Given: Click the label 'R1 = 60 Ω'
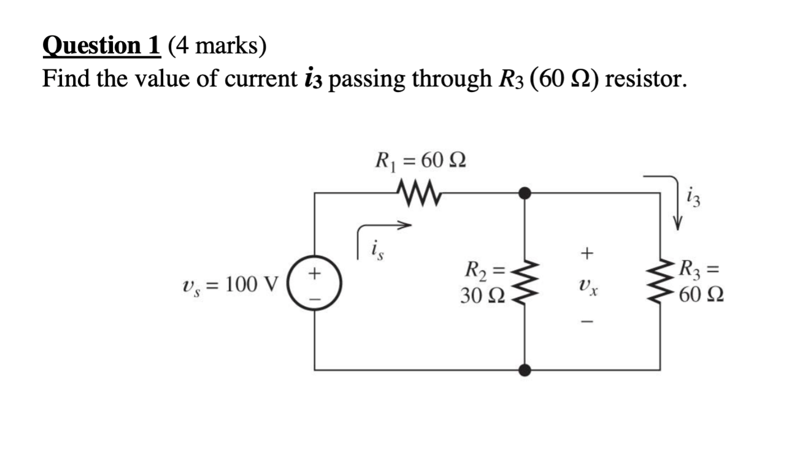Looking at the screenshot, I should (420, 162).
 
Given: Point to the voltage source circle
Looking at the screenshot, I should (314, 283).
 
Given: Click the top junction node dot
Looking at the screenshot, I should (525, 193).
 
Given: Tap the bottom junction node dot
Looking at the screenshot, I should (525, 370).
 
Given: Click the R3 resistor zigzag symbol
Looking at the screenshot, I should (661, 283).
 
